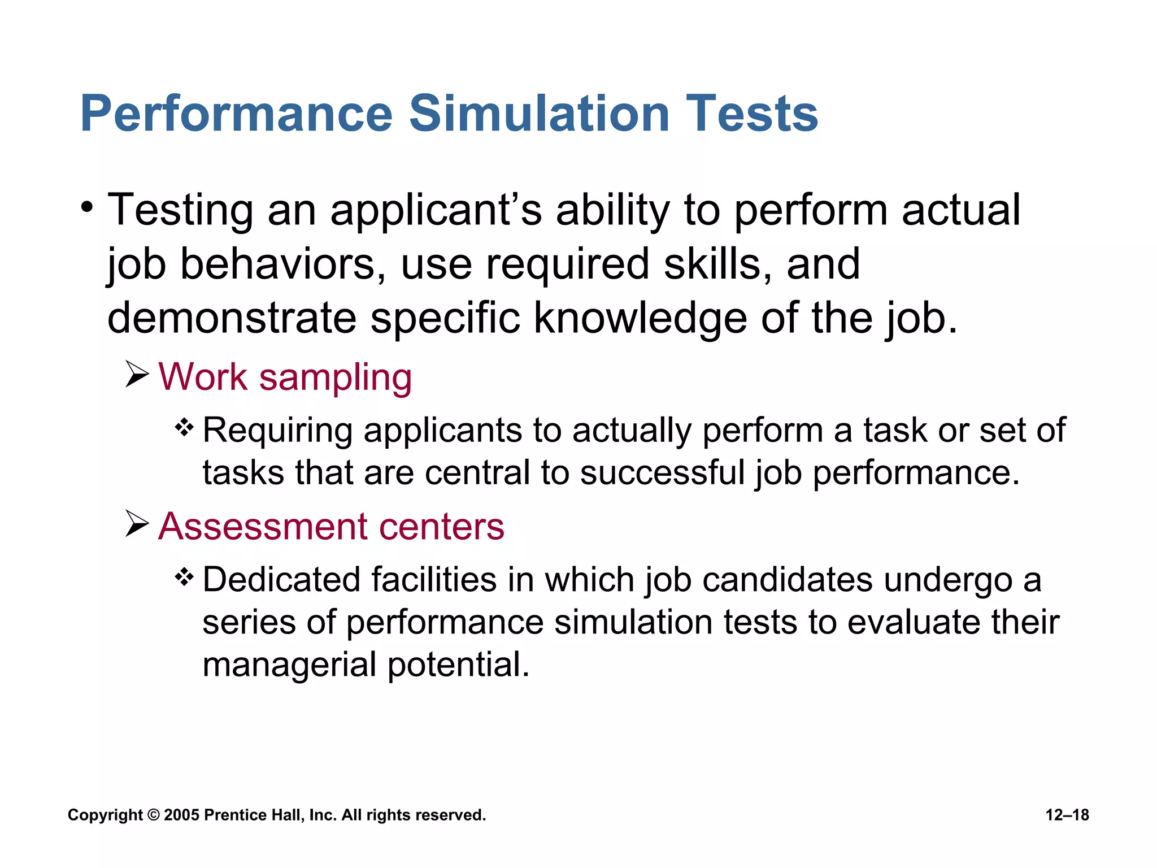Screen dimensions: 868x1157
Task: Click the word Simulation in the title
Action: (539, 114)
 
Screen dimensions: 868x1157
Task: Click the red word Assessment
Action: (262, 527)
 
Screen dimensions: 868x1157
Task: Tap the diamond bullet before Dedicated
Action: (184, 577)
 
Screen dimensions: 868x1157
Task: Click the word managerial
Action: (289, 665)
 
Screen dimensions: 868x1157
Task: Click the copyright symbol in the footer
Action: (153, 815)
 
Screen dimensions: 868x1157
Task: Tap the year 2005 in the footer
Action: (181, 815)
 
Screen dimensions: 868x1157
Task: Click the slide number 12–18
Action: (1067, 815)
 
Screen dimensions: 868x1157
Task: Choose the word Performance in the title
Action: (237, 114)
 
